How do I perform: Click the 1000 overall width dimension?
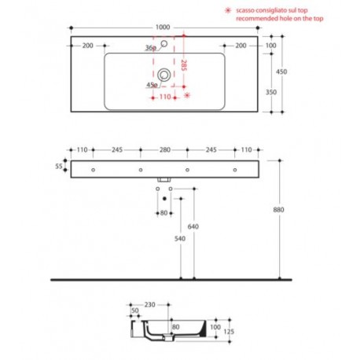click(163, 28)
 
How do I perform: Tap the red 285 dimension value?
click(184, 65)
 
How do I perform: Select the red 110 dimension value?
click(165, 97)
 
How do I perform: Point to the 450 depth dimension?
click(281, 72)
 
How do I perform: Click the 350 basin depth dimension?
click(271, 92)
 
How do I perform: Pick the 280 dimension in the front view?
click(165, 149)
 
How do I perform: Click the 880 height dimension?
click(278, 210)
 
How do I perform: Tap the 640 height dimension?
click(193, 226)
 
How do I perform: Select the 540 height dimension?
click(180, 238)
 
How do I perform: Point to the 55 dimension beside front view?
click(59, 166)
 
